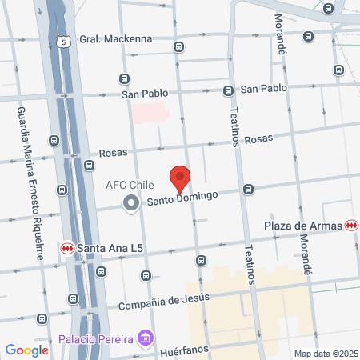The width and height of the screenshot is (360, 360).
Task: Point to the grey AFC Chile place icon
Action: (130, 204)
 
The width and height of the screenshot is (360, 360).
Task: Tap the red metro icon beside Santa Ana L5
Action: (68, 248)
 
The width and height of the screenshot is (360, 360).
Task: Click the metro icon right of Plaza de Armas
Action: (352, 226)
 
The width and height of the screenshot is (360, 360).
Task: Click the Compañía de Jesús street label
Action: (164, 302)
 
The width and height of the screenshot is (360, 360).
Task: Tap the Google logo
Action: (27, 350)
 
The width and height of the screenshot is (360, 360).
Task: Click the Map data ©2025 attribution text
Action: (324, 354)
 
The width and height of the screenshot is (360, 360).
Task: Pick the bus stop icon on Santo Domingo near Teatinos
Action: (249, 190)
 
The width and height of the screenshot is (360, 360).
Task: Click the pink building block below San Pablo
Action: (151, 112)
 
